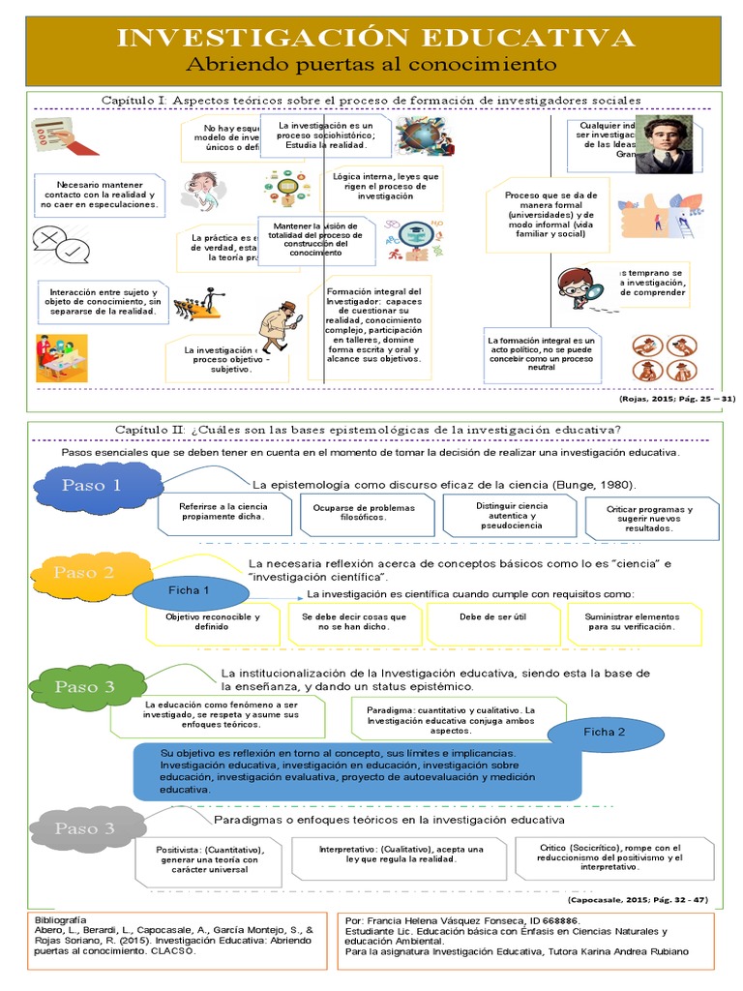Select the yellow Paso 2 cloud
83,573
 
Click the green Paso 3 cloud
84,687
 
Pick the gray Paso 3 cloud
83,828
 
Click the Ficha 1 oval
189,590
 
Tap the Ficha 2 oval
604,732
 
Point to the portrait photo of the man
664,145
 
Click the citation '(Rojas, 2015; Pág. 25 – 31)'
676,398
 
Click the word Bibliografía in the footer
60,919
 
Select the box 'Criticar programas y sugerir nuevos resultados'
650,520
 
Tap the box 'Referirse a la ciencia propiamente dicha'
223,512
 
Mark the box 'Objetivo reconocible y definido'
213,622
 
